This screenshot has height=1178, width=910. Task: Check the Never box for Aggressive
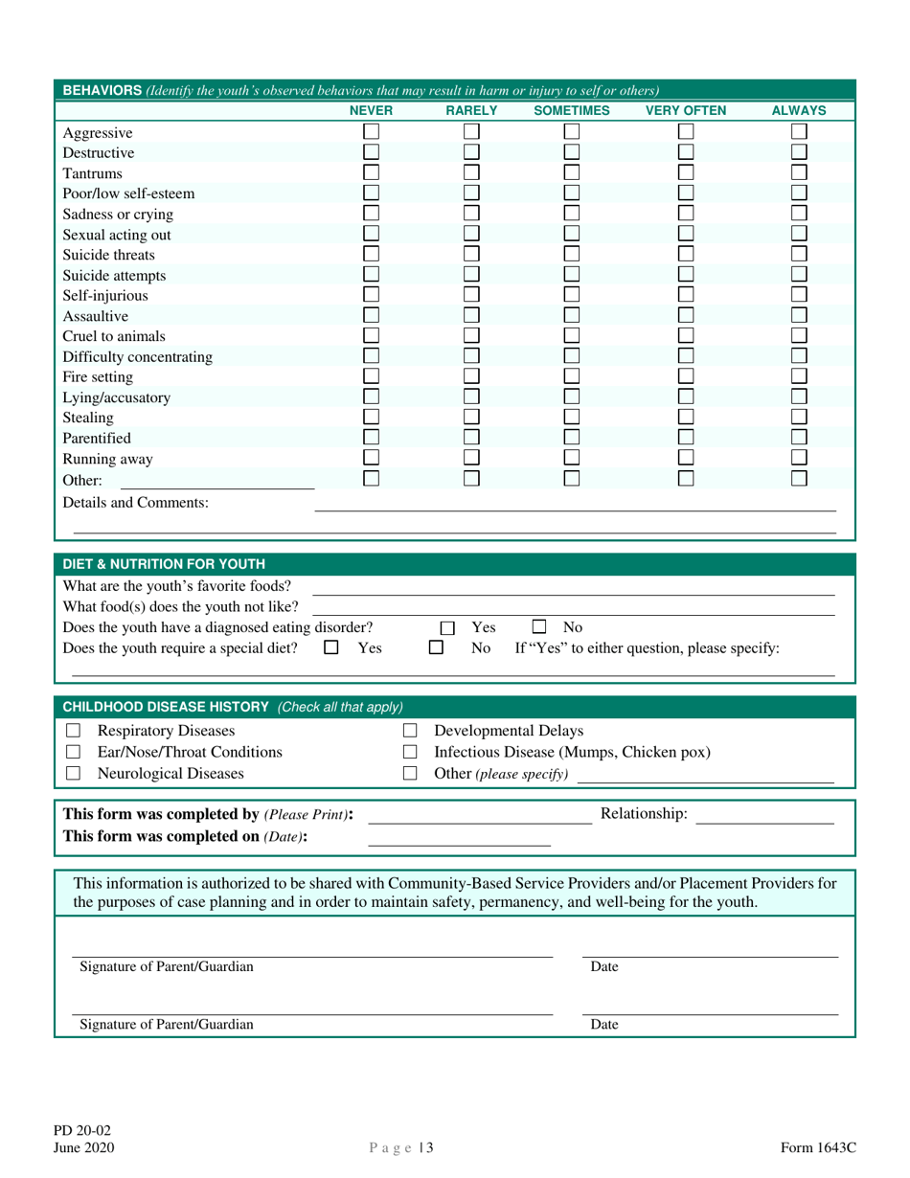click(372, 132)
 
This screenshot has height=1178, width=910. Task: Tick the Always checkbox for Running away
click(800, 458)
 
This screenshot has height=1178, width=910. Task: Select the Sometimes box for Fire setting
click(572, 376)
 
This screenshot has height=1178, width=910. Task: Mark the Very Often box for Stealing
click(686, 418)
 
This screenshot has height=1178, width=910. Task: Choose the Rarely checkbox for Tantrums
click(471, 173)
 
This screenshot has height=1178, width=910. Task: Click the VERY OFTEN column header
click(685, 111)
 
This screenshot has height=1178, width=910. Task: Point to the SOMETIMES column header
click(571, 111)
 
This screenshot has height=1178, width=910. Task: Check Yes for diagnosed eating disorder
click(447, 629)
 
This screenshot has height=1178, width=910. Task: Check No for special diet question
click(436, 648)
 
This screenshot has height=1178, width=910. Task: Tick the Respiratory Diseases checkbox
click(72, 732)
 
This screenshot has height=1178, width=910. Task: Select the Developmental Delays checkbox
click(410, 732)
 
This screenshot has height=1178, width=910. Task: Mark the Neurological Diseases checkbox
click(72, 774)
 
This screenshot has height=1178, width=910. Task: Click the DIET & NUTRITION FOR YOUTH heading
click(164, 563)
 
